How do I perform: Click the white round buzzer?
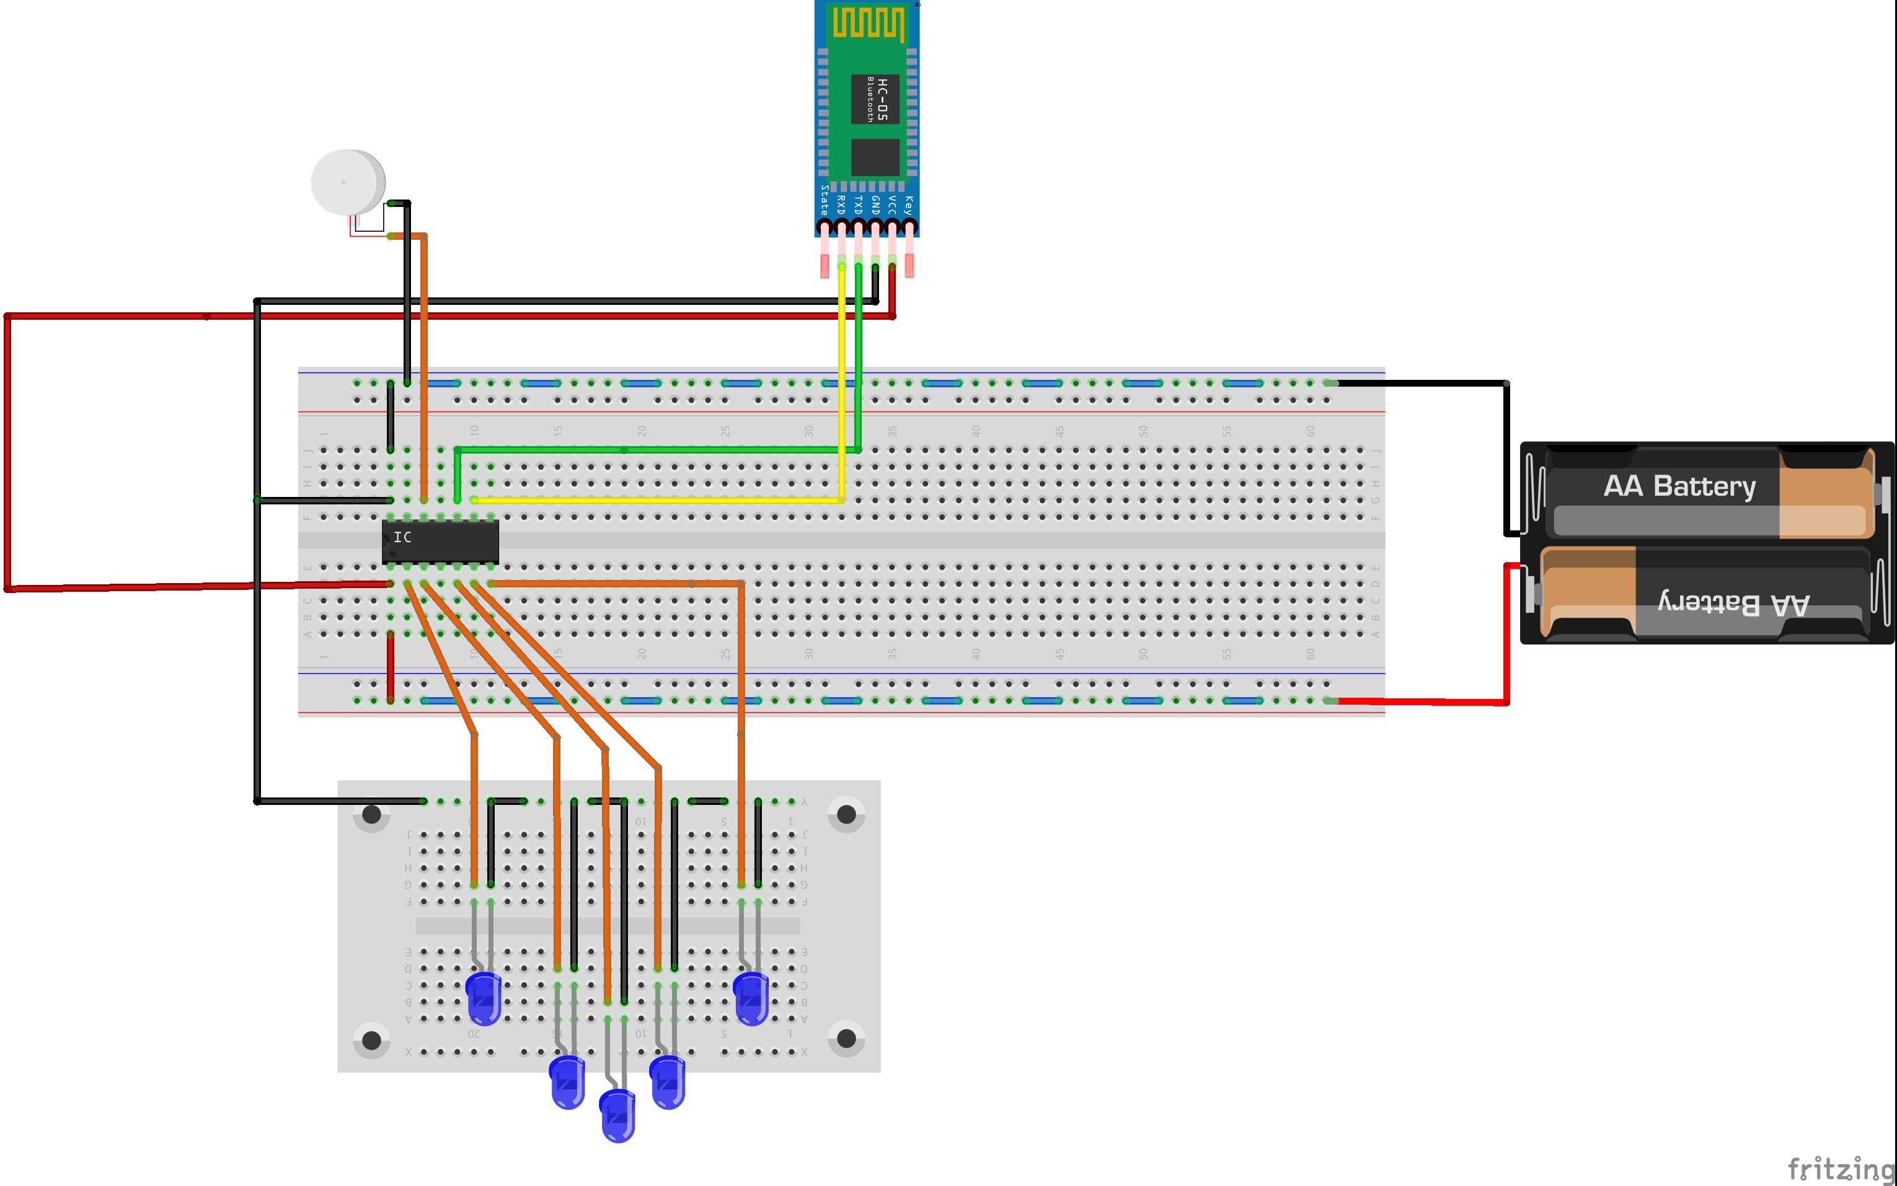click(x=346, y=182)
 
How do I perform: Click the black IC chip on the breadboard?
click(x=440, y=540)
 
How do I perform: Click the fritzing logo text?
click(x=1840, y=1169)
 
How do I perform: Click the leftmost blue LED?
click(x=484, y=998)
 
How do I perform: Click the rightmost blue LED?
click(x=751, y=998)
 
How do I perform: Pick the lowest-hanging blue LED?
click(x=617, y=1116)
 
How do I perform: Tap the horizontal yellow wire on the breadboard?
click(x=659, y=499)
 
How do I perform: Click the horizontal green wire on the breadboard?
click(x=659, y=449)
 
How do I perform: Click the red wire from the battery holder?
click(x=1506, y=635)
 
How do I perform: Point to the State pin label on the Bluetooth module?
click(x=824, y=200)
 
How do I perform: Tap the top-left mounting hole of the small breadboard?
click(x=372, y=814)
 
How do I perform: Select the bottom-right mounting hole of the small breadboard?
click(x=846, y=1039)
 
